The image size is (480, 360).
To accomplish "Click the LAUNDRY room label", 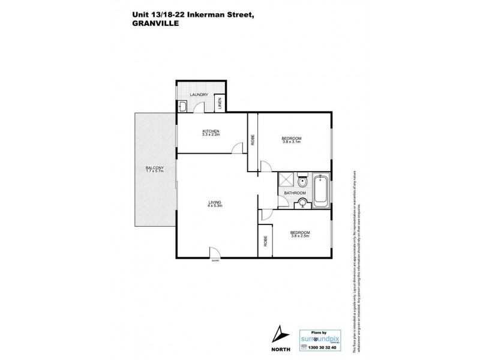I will [199, 95].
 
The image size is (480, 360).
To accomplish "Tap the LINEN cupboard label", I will [220, 104].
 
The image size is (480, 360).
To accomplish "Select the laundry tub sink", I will [184, 107].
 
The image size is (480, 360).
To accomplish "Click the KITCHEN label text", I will [211, 131].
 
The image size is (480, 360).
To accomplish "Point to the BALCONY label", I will [154, 167].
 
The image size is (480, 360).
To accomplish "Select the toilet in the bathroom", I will [304, 181].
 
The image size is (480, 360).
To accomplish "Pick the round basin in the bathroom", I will [303, 203].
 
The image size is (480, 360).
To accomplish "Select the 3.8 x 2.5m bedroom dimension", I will [300, 235].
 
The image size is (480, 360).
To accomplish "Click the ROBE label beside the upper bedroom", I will [253, 139].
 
